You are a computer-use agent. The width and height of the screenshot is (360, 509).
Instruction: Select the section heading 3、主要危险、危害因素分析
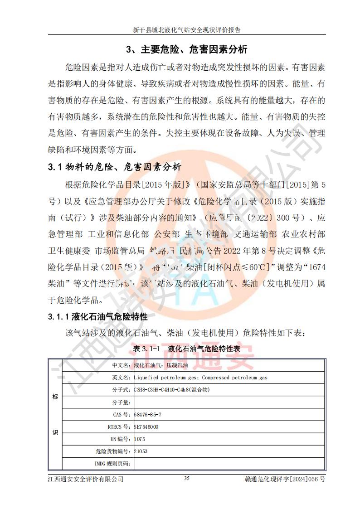click(x=186, y=49)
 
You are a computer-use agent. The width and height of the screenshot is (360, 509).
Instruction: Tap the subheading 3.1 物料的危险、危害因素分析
click(x=114, y=167)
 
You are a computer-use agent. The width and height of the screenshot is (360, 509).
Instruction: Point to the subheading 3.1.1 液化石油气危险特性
click(x=97, y=317)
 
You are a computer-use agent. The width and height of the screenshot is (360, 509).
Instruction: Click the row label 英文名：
click(x=121, y=377)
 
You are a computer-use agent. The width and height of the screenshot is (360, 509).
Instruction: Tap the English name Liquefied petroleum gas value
click(x=200, y=377)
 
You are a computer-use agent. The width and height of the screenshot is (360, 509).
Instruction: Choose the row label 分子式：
click(x=121, y=390)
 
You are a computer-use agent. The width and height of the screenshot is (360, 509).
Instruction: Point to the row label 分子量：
click(x=121, y=402)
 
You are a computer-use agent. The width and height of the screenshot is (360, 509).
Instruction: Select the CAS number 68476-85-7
click(x=148, y=415)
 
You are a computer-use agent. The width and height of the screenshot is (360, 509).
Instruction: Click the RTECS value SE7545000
click(x=146, y=427)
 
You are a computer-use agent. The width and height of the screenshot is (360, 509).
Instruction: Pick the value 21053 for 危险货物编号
click(x=141, y=451)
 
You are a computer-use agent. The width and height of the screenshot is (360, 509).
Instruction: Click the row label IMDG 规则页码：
click(x=112, y=464)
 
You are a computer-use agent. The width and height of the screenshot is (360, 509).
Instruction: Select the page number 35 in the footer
click(x=187, y=478)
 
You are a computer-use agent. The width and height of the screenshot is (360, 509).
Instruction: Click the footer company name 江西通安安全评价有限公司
click(x=86, y=479)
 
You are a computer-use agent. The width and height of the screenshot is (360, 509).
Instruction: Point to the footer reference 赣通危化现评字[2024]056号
click(x=284, y=479)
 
